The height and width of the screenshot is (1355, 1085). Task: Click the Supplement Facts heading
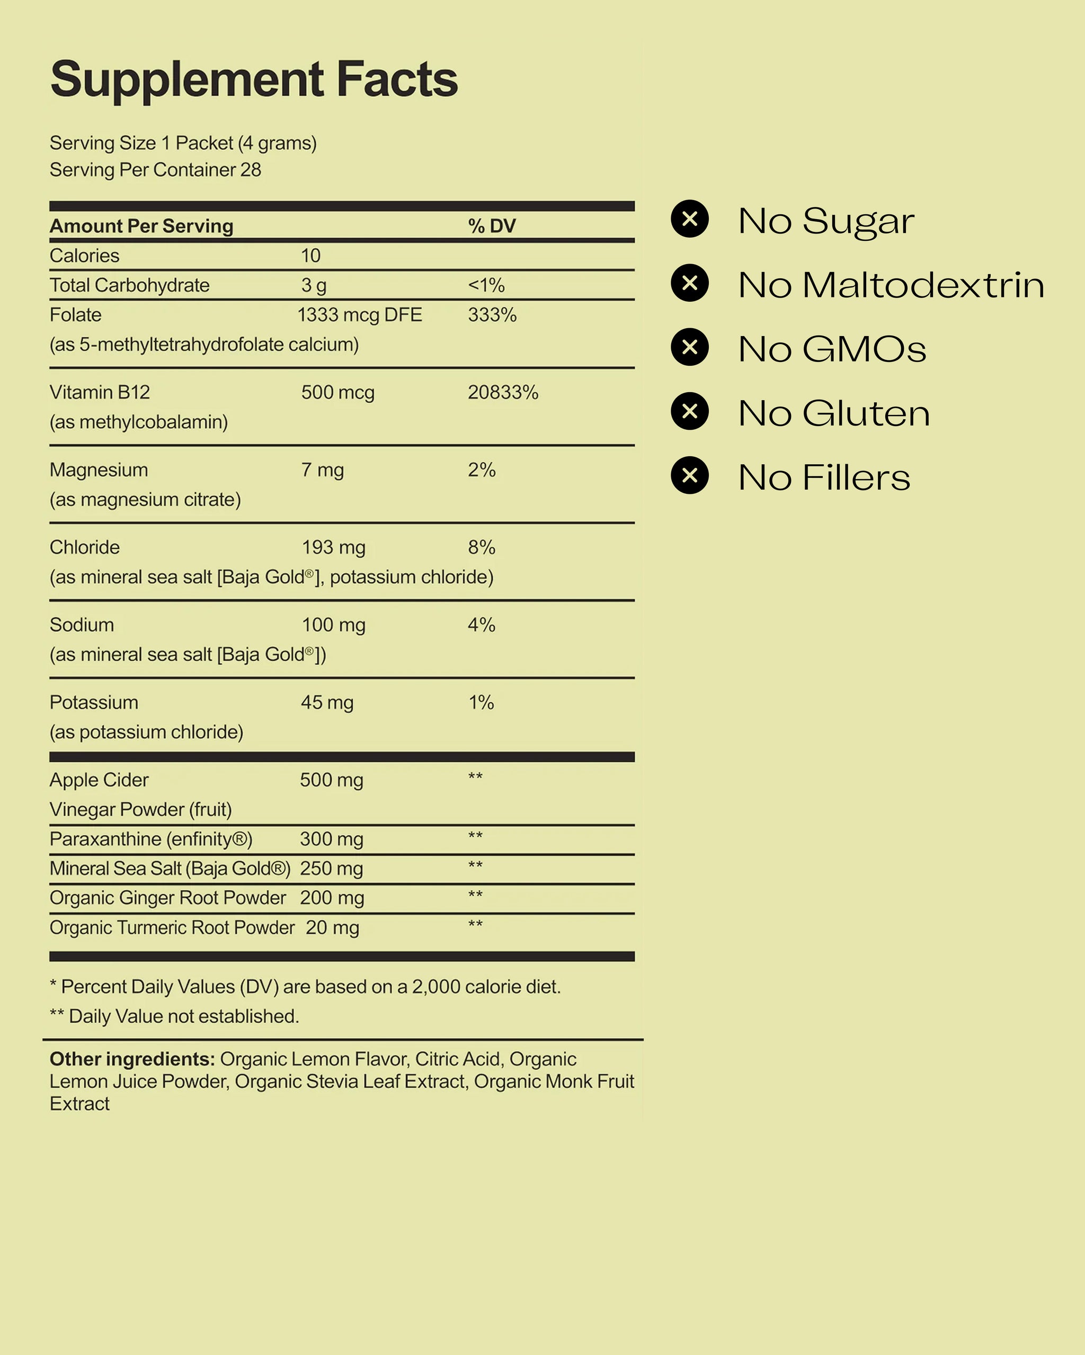point(254,80)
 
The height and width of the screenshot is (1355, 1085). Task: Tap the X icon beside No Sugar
point(689,219)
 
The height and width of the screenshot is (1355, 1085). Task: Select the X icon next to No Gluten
point(689,411)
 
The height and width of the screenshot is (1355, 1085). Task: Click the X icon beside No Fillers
point(689,475)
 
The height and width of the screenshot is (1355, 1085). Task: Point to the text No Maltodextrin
point(891,285)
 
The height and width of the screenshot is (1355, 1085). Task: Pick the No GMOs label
point(832,349)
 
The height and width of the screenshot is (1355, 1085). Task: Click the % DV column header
point(491,226)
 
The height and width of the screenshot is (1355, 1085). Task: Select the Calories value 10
point(310,256)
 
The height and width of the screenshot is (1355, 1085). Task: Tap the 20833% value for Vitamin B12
point(503,392)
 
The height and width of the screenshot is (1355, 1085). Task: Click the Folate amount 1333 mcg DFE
point(359,315)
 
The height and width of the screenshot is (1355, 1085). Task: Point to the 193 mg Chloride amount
point(333,547)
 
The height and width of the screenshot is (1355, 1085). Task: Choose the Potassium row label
point(94,702)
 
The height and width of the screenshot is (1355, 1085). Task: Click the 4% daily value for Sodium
point(481,625)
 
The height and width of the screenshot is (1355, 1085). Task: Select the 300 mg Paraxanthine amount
point(332,839)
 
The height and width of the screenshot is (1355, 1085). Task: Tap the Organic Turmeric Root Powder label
point(172,928)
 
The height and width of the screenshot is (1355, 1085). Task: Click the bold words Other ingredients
point(132,1059)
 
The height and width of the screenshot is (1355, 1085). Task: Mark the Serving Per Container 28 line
point(155,170)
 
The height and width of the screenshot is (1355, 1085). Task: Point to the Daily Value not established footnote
point(174,1016)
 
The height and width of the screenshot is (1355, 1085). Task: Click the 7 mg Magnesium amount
point(322,470)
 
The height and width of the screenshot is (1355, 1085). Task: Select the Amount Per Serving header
point(141,226)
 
